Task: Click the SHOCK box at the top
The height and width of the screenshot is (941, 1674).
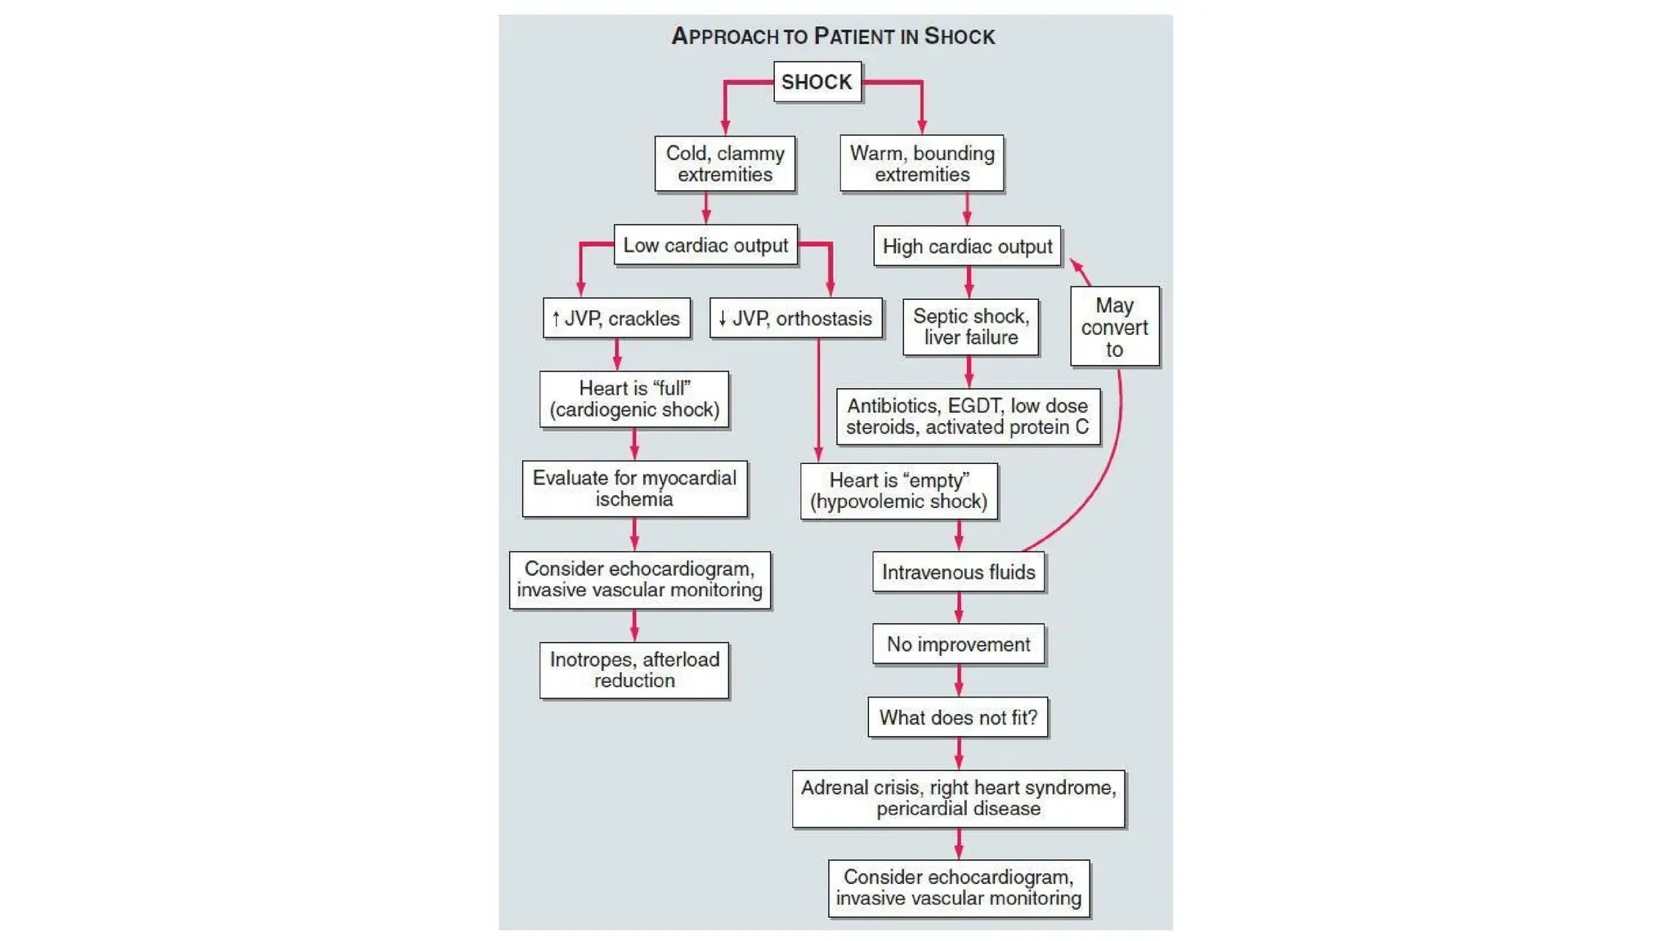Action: point(817,82)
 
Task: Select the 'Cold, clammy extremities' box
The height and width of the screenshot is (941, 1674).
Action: point(724,163)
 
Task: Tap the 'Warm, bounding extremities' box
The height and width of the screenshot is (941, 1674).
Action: point(921,163)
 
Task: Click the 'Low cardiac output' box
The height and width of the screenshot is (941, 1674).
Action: point(705,245)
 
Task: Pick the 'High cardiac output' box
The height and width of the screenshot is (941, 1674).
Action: point(967,246)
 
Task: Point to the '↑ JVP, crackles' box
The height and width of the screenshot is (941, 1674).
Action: point(616,318)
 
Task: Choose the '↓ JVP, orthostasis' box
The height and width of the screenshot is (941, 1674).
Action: point(795,318)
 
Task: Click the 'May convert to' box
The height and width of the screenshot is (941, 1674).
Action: point(1114,327)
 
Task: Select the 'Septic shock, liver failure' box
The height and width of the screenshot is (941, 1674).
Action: point(970,327)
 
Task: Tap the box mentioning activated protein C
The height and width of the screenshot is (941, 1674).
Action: point(968,417)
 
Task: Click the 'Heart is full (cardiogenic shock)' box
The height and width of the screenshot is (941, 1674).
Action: point(634,399)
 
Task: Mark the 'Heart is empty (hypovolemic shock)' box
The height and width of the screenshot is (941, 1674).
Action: point(898,491)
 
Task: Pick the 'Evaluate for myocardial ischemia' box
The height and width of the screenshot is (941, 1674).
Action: point(634,488)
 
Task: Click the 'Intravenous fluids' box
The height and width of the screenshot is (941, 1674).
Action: point(958,572)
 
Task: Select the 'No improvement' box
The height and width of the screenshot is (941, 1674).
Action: point(958,644)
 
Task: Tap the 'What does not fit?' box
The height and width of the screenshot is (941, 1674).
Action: point(958,717)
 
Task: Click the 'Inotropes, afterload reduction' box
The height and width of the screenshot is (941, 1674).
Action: point(634,670)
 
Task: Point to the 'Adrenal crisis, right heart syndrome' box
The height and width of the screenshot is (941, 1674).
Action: point(958,798)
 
